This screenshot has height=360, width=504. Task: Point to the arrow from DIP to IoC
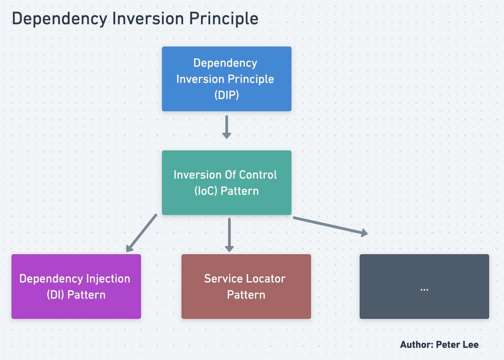[x=226, y=127]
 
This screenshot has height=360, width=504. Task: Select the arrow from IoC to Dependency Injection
[x=142, y=233]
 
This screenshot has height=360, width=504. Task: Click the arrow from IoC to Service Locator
[x=229, y=234]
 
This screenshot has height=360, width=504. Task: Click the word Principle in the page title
[x=224, y=19]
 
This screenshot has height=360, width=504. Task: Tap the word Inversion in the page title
[x=148, y=19]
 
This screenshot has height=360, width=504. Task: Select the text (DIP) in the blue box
[x=226, y=95]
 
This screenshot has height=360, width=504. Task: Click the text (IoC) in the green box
[x=206, y=191]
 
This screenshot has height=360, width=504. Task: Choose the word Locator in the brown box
[x=266, y=279]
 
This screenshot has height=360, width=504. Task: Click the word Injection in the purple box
[x=108, y=279]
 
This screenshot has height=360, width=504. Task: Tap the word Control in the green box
[x=258, y=175]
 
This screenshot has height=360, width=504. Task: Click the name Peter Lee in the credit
[x=457, y=345]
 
